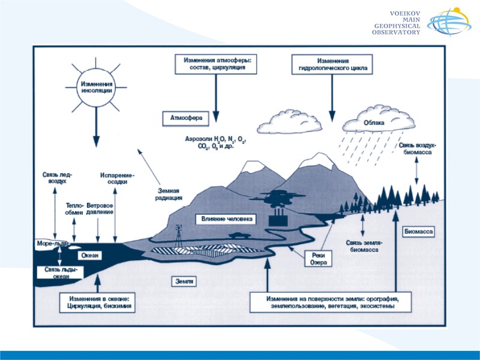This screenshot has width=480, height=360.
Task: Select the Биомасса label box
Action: coord(418,231)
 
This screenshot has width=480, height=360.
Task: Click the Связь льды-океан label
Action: coord(61,273)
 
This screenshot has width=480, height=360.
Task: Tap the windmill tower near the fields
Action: coord(178,234)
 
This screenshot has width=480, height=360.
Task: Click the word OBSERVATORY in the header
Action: coord(397,32)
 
